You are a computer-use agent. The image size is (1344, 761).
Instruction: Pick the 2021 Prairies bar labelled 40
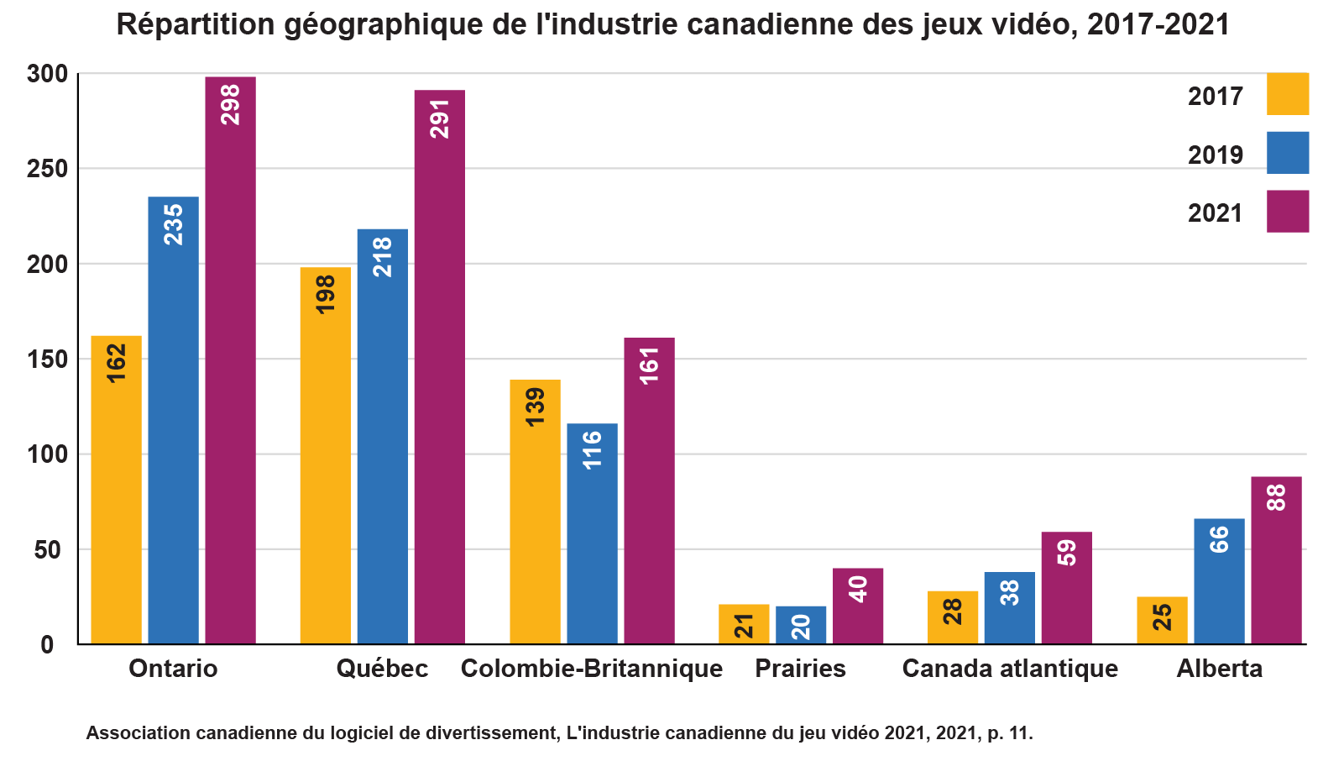[858, 606]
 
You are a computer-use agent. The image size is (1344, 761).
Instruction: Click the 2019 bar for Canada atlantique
[1009, 608]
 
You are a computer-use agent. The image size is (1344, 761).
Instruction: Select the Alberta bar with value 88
[1276, 560]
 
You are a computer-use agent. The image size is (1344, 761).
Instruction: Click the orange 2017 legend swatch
[1288, 93]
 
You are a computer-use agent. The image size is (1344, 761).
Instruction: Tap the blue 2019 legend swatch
[1288, 152]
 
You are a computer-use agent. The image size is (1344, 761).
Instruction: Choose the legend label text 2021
[1215, 213]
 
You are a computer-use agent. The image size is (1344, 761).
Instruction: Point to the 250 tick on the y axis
[47, 169]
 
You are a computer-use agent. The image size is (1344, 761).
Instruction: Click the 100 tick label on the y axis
[47, 454]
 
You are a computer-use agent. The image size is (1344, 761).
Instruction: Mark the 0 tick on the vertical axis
[47, 645]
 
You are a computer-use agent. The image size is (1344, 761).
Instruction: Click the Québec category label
[382, 669]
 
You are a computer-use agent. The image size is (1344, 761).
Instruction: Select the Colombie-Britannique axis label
[592, 669]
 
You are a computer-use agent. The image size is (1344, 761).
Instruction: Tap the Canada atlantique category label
[1010, 669]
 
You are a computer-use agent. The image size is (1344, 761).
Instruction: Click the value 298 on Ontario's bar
[230, 105]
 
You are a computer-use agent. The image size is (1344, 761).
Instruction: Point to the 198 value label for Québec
[325, 295]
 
